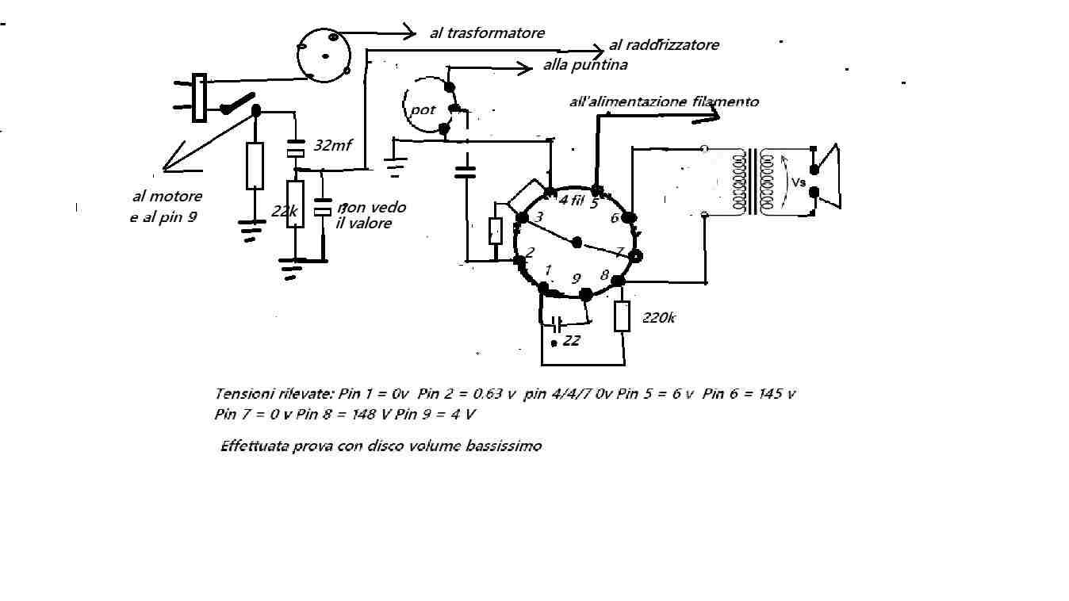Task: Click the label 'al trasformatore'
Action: [x=487, y=33]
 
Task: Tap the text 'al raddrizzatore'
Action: [x=664, y=45]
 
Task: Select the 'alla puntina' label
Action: [x=585, y=64]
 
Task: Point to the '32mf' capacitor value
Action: [x=332, y=145]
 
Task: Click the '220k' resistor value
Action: [x=658, y=318]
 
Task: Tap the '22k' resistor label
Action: [x=284, y=210]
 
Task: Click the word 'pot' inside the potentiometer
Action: [x=423, y=109]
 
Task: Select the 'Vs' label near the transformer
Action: [x=799, y=182]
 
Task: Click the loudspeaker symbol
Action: [x=826, y=177]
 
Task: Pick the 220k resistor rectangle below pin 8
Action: [x=622, y=316]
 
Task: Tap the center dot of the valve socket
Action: [x=577, y=243]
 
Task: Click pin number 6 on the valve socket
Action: [x=615, y=218]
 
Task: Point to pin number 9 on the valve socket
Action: [x=576, y=278]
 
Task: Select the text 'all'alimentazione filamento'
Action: [x=664, y=101]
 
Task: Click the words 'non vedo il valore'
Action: [x=371, y=215]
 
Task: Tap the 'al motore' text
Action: [x=167, y=196]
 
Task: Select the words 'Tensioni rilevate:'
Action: [x=274, y=393]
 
